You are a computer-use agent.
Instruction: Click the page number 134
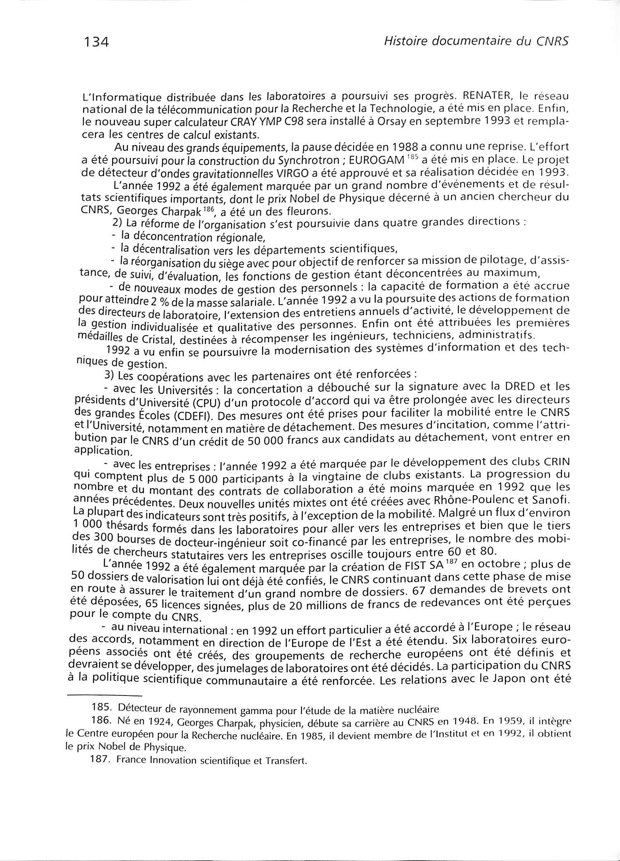click(x=96, y=42)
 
